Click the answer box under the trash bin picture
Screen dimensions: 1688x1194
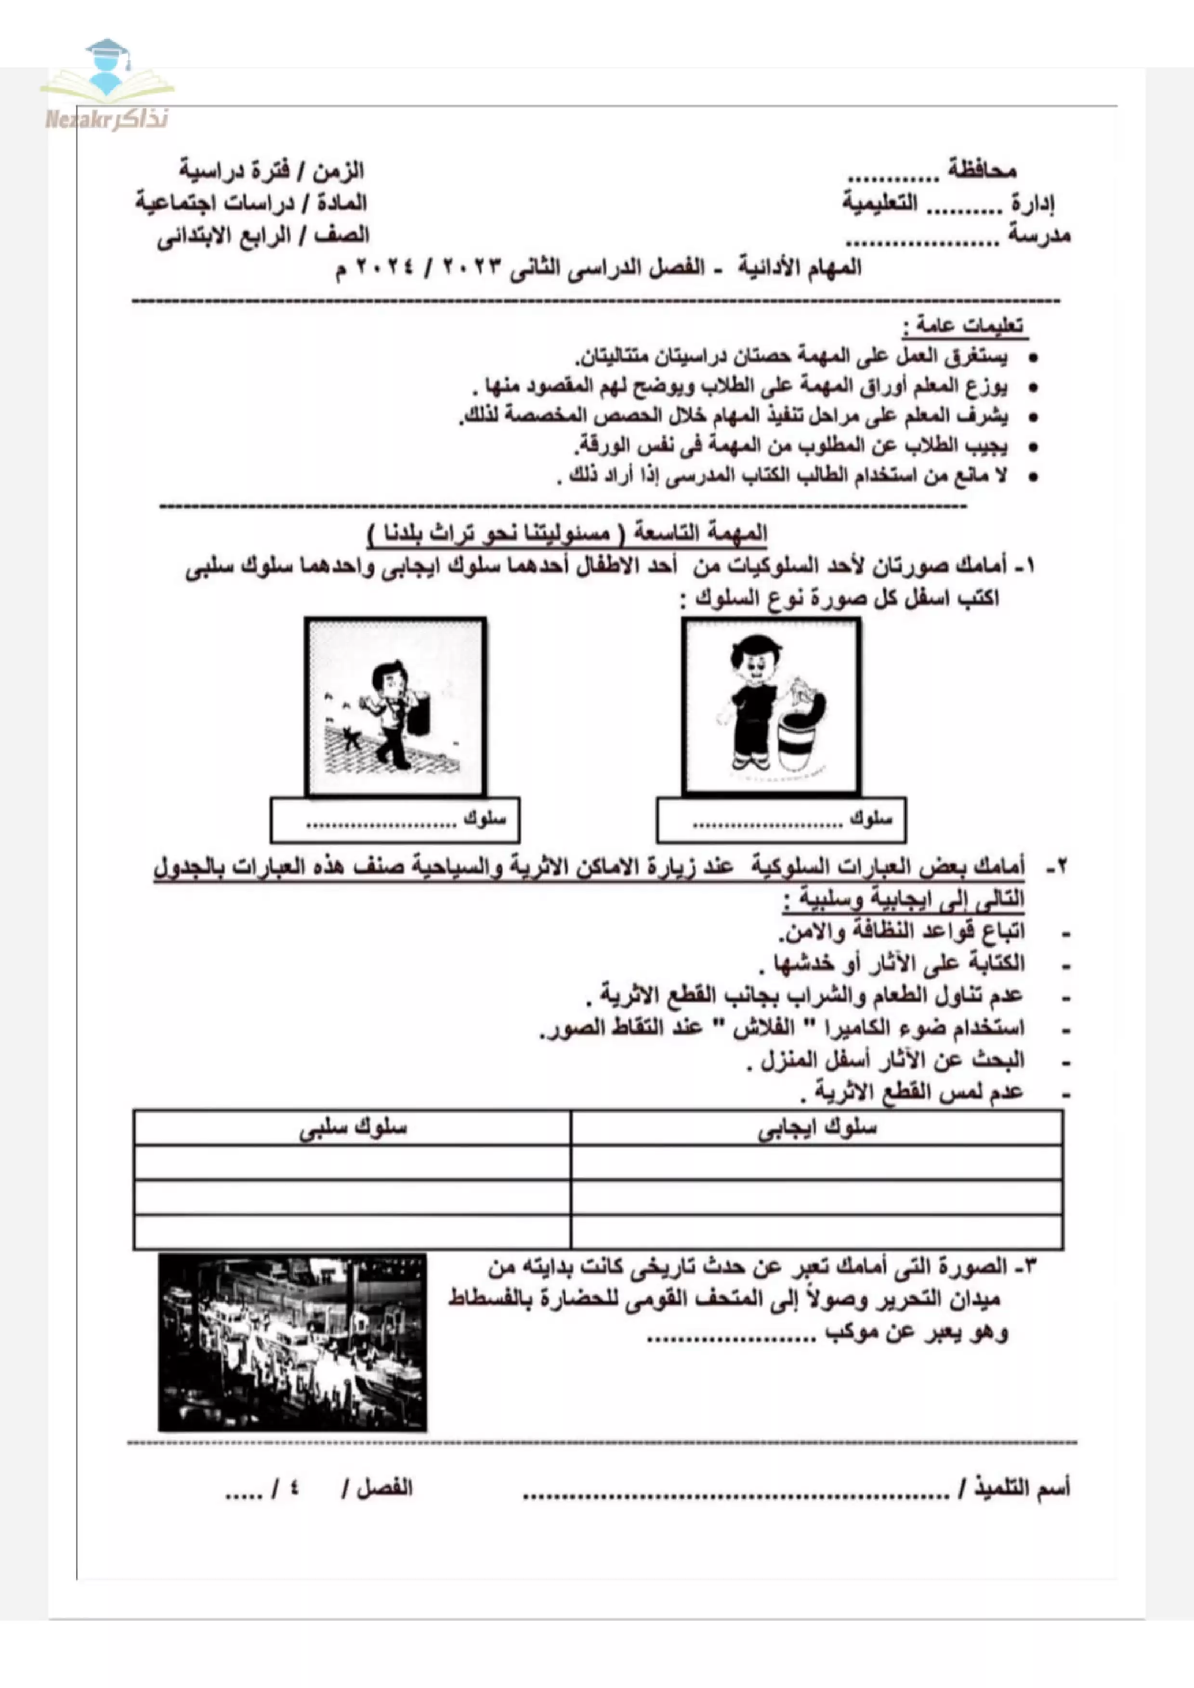click(x=781, y=820)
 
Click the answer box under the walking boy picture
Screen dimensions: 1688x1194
click(x=395, y=820)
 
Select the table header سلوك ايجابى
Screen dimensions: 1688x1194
click(x=816, y=1128)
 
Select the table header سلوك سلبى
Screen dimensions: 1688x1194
click(x=353, y=1128)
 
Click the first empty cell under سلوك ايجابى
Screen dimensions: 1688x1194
click(x=816, y=1163)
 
